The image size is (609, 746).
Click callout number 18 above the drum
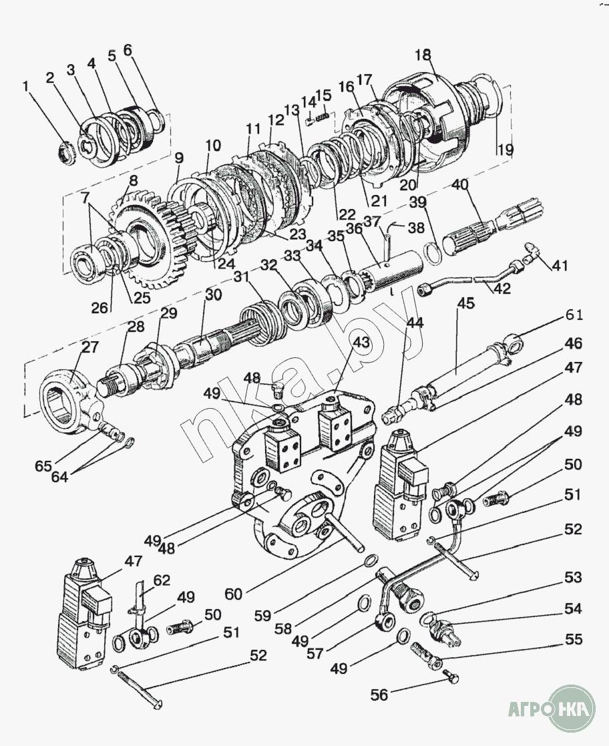pyautogui.click(x=423, y=55)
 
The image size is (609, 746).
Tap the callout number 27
pyautogui.click(x=89, y=347)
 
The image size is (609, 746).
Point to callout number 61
pyautogui.click(x=574, y=315)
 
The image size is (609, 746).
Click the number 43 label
pyautogui.click(x=361, y=343)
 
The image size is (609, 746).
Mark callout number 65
pyautogui.click(x=43, y=466)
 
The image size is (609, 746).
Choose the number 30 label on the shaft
pyautogui.click(x=213, y=295)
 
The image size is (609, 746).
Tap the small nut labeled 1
pyautogui.click(x=67, y=152)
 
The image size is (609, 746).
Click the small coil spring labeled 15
pyautogui.click(x=323, y=115)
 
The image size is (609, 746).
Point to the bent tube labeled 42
pyautogui.click(x=471, y=281)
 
